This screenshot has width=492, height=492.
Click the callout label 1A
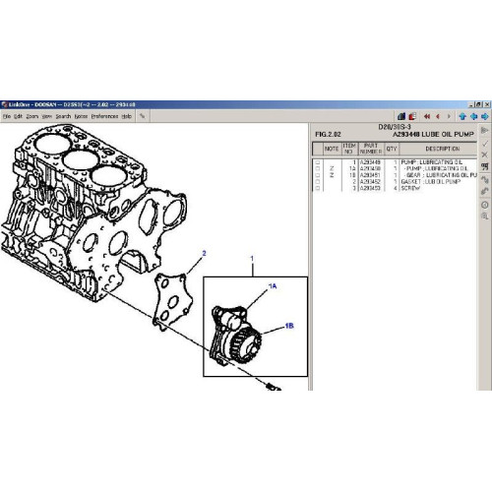[275, 286]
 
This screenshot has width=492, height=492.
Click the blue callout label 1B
[290, 325]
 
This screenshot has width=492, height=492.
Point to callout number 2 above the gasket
[204, 254]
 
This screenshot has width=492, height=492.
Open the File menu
[6, 115]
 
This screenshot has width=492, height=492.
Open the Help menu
[126, 115]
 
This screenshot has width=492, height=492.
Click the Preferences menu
[103, 115]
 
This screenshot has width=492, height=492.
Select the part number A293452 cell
[370, 181]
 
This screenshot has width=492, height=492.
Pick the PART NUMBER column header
[370, 149]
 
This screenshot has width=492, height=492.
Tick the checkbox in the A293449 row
[317, 162]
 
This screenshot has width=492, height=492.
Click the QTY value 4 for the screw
[392, 187]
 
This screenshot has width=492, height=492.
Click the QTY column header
[392, 149]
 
